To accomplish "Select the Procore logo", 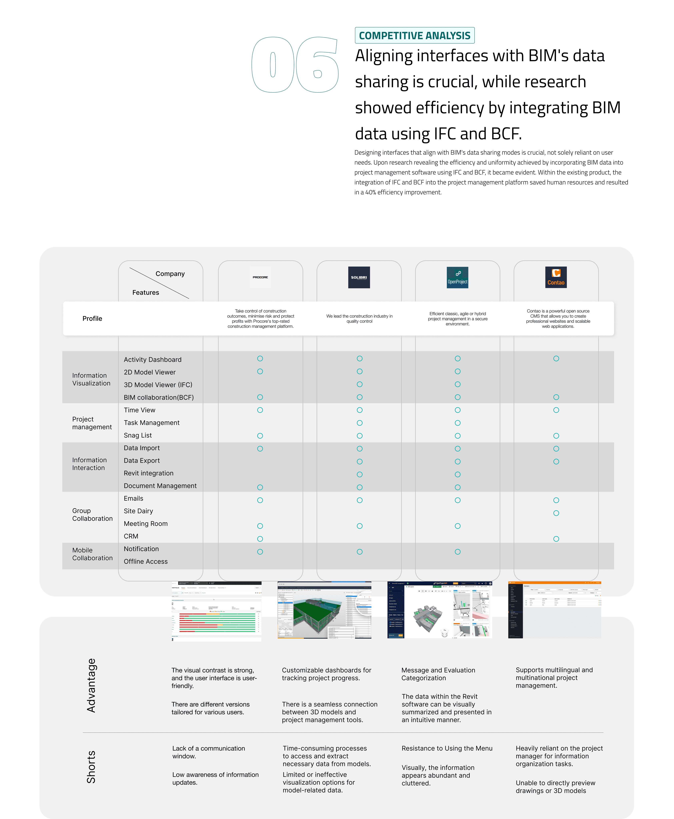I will (x=260, y=277).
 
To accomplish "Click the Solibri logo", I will (x=359, y=277).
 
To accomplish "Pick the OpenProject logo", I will (x=457, y=277).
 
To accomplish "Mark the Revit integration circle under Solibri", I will (x=360, y=474).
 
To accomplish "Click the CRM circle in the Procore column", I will (x=260, y=539).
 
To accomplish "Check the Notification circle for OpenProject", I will (x=457, y=551).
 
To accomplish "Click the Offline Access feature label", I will (x=146, y=561).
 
